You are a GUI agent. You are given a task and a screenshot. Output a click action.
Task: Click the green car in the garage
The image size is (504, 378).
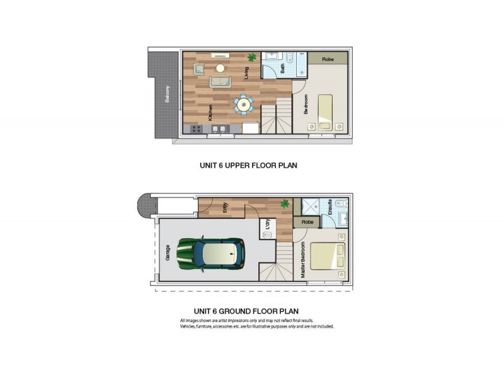point(211,253)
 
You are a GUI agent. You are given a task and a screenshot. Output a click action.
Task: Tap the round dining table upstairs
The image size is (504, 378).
point(243,105)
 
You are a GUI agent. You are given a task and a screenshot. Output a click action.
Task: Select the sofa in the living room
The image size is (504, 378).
point(220,82)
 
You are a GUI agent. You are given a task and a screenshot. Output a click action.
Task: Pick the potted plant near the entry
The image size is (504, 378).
point(285,204)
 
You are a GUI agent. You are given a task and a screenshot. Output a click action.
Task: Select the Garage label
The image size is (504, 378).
point(168,253)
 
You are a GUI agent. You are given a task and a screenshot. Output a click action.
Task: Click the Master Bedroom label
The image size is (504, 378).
point(303,260)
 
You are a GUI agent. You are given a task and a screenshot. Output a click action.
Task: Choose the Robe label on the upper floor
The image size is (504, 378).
point(328,59)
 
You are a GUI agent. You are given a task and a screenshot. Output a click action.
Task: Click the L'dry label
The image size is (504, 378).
point(268,223)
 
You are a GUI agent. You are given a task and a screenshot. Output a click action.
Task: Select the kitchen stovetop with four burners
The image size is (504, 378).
point(196,129)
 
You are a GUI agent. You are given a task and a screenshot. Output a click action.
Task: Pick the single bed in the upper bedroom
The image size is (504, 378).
point(325,110)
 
